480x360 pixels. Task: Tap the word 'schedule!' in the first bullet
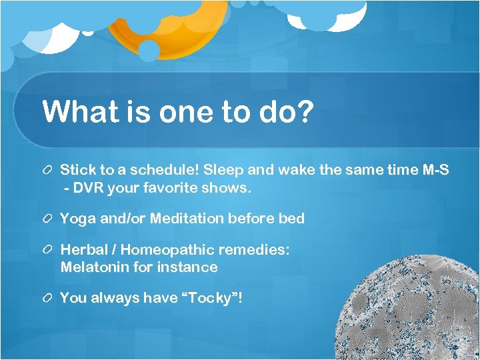tap(169, 171)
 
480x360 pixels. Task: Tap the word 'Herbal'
tap(83, 250)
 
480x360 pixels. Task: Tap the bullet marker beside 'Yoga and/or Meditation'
tap(47, 219)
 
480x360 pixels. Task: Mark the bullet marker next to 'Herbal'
tap(47, 250)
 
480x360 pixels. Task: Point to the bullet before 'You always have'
tap(47, 298)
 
